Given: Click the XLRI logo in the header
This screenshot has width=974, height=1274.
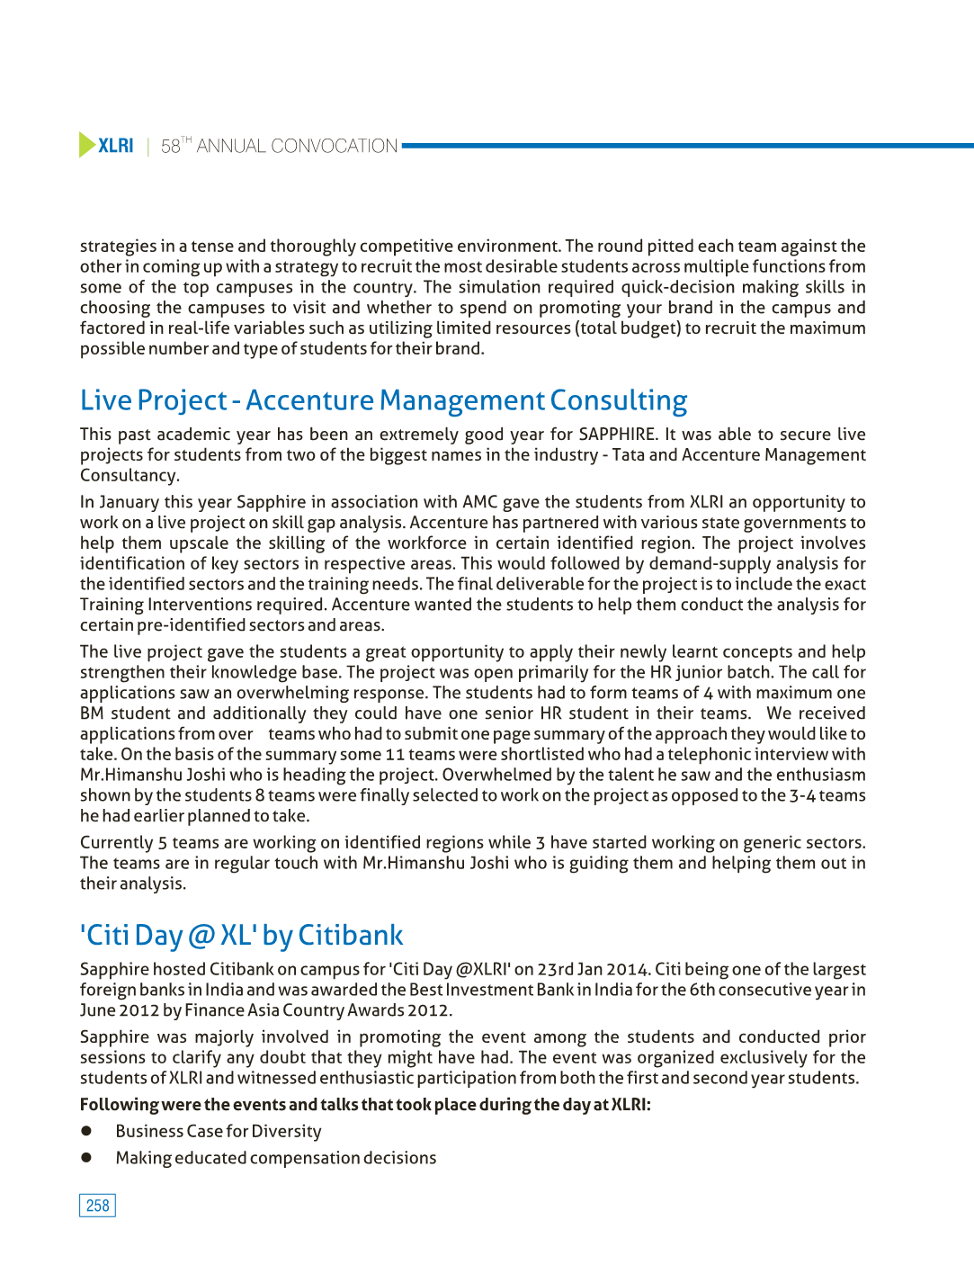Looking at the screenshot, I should [x=115, y=146].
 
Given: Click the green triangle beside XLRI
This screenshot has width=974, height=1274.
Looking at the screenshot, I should [x=86, y=145].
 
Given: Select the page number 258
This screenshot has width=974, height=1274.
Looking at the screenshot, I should [x=97, y=1206].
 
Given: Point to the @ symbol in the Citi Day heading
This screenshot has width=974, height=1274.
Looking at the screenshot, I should [x=201, y=936].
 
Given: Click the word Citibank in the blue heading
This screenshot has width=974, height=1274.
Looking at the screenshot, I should [x=350, y=936].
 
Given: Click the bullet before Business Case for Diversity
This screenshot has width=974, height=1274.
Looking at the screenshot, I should [x=87, y=1131].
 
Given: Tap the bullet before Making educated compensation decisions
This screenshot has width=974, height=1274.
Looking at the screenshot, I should [x=87, y=1158].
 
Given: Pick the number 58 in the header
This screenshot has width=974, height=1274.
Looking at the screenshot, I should [x=171, y=147].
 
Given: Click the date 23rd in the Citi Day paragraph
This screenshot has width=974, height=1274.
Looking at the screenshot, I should [x=557, y=970].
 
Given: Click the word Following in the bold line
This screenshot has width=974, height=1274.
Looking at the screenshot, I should [x=119, y=1105].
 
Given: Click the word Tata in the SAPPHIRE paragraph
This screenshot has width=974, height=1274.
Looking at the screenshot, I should [x=629, y=455].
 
